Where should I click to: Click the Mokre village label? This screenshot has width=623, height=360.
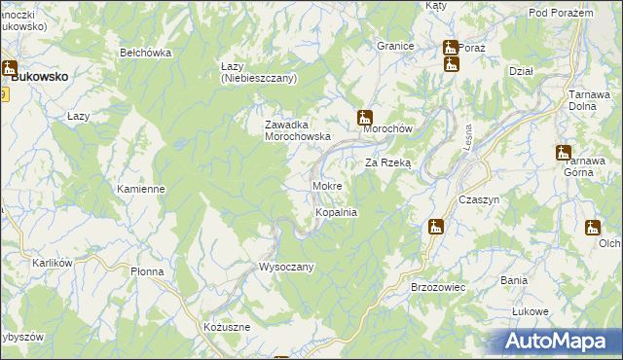click(326, 185)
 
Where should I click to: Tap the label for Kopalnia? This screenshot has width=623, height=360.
click(336, 211)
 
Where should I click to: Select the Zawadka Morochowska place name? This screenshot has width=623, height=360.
click(299, 130)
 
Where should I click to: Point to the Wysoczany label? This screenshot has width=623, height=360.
click(285, 267)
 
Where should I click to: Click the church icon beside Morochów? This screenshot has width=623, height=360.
click(365, 117)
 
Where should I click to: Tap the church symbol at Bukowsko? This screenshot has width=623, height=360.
click(10, 69)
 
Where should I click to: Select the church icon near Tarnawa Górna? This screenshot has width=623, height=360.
click(563, 152)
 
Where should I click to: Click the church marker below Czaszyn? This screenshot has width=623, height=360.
click(436, 227)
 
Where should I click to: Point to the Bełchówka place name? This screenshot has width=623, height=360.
click(145, 53)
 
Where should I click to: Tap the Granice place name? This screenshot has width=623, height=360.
click(396, 46)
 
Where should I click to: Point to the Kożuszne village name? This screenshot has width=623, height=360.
click(227, 327)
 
